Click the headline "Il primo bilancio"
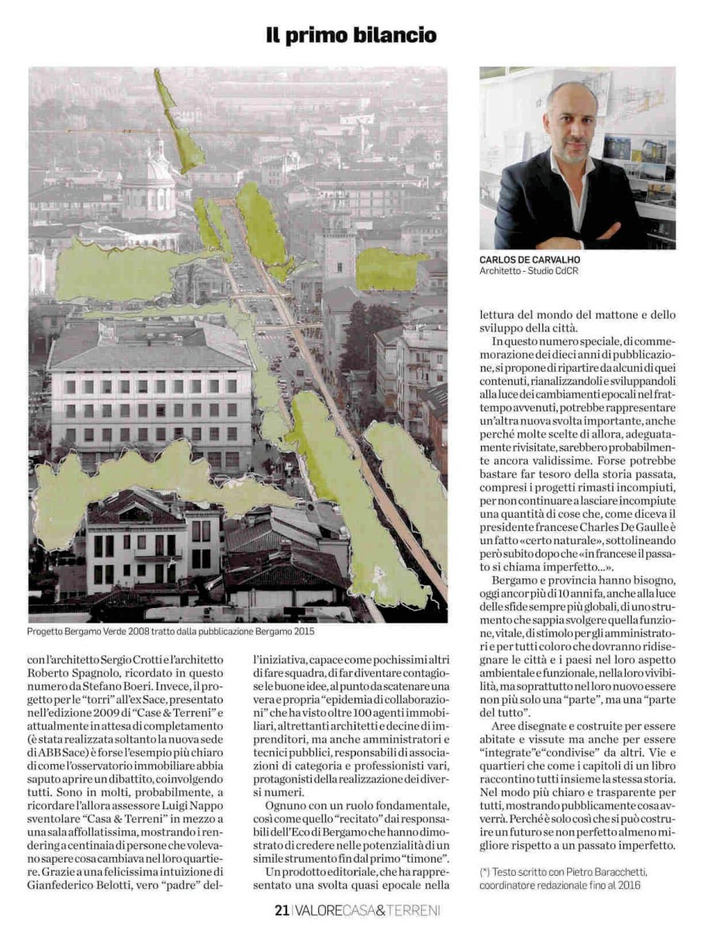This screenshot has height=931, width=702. [x=351, y=35]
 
